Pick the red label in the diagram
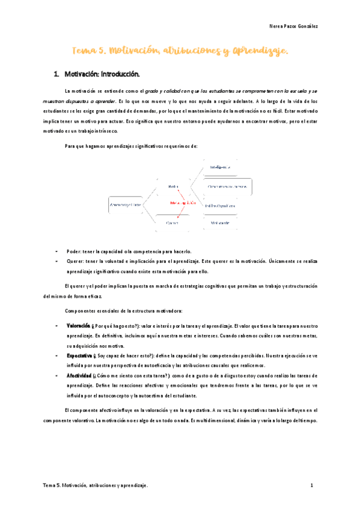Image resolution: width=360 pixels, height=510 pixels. (x=183, y=203)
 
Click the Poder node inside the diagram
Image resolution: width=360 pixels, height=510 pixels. (x=174, y=187)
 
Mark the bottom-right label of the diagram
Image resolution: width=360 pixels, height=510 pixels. (x=220, y=223)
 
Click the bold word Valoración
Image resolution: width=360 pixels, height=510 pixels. (x=78, y=325)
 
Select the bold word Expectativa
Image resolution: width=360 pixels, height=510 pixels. (x=79, y=355)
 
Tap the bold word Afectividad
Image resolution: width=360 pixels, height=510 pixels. (x=78, y=375)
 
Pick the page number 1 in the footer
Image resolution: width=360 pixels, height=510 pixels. (x=312, y=485)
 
